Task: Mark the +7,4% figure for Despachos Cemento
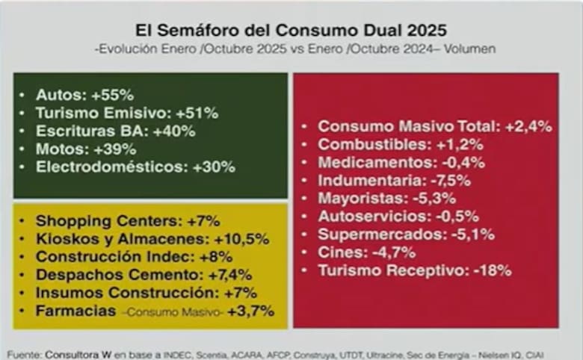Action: click(229, 274)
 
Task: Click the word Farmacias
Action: click(75, 310)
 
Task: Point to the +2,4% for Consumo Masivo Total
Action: click(528, 127)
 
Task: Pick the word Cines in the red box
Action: click(338, 252)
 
